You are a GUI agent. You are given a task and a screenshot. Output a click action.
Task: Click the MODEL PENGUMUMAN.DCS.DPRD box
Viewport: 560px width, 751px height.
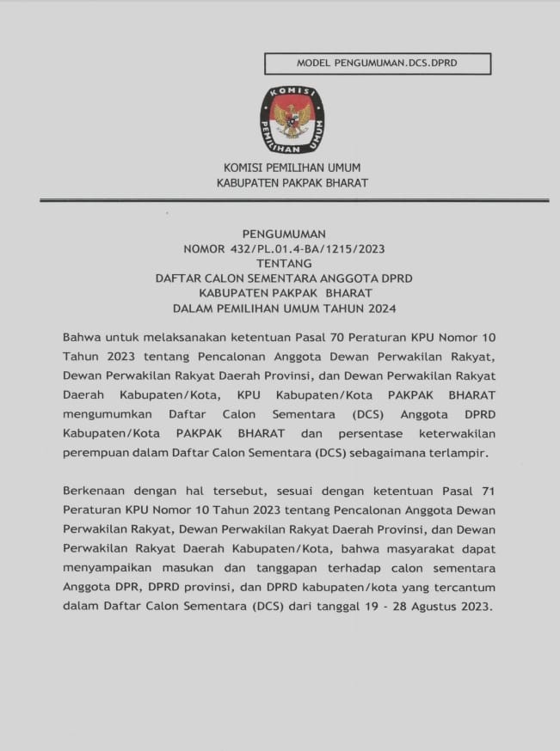coord(378,64)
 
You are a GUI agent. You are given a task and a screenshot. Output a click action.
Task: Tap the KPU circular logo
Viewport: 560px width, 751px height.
coord(292,119)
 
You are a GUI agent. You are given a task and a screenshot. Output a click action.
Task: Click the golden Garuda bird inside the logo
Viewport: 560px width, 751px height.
coord(292,118)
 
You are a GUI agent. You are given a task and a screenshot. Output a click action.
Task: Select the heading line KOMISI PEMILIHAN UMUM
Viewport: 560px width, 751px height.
coord(292,168)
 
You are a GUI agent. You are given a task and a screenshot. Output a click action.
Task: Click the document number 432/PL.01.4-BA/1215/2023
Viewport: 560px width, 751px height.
coord(307,248)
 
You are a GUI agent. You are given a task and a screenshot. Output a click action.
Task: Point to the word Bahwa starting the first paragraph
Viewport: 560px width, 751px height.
coord(82,336)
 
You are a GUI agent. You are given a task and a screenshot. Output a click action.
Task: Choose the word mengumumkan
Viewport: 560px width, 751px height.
coord(107,414)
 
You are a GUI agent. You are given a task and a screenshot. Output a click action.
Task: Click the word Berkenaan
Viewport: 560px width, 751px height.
coord(98,491)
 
